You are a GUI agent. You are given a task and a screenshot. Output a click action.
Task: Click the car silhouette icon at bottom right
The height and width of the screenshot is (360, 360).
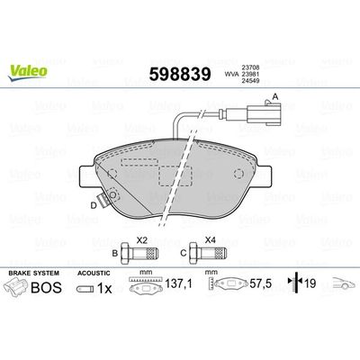(340, 285)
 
